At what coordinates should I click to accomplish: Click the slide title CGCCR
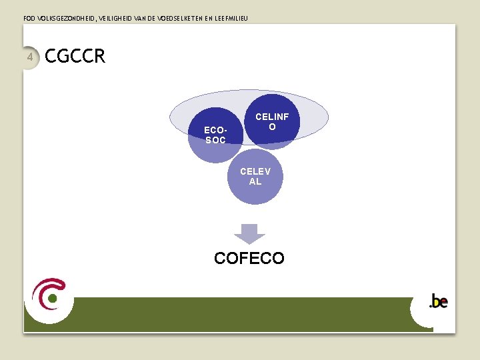point(75,57)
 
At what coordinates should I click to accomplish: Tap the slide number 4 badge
point(30,57)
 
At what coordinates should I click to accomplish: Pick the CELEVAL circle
point(255,177)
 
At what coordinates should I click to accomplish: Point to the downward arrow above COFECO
point(249,234)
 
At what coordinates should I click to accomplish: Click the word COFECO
point(249,258)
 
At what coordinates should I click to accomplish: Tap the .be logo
point(438,301)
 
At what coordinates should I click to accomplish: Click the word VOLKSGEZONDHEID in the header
point(67,18)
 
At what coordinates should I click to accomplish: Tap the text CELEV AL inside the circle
point(255,176)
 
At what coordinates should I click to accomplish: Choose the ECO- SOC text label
point(215,135)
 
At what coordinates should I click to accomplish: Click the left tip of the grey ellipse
point(171,118)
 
